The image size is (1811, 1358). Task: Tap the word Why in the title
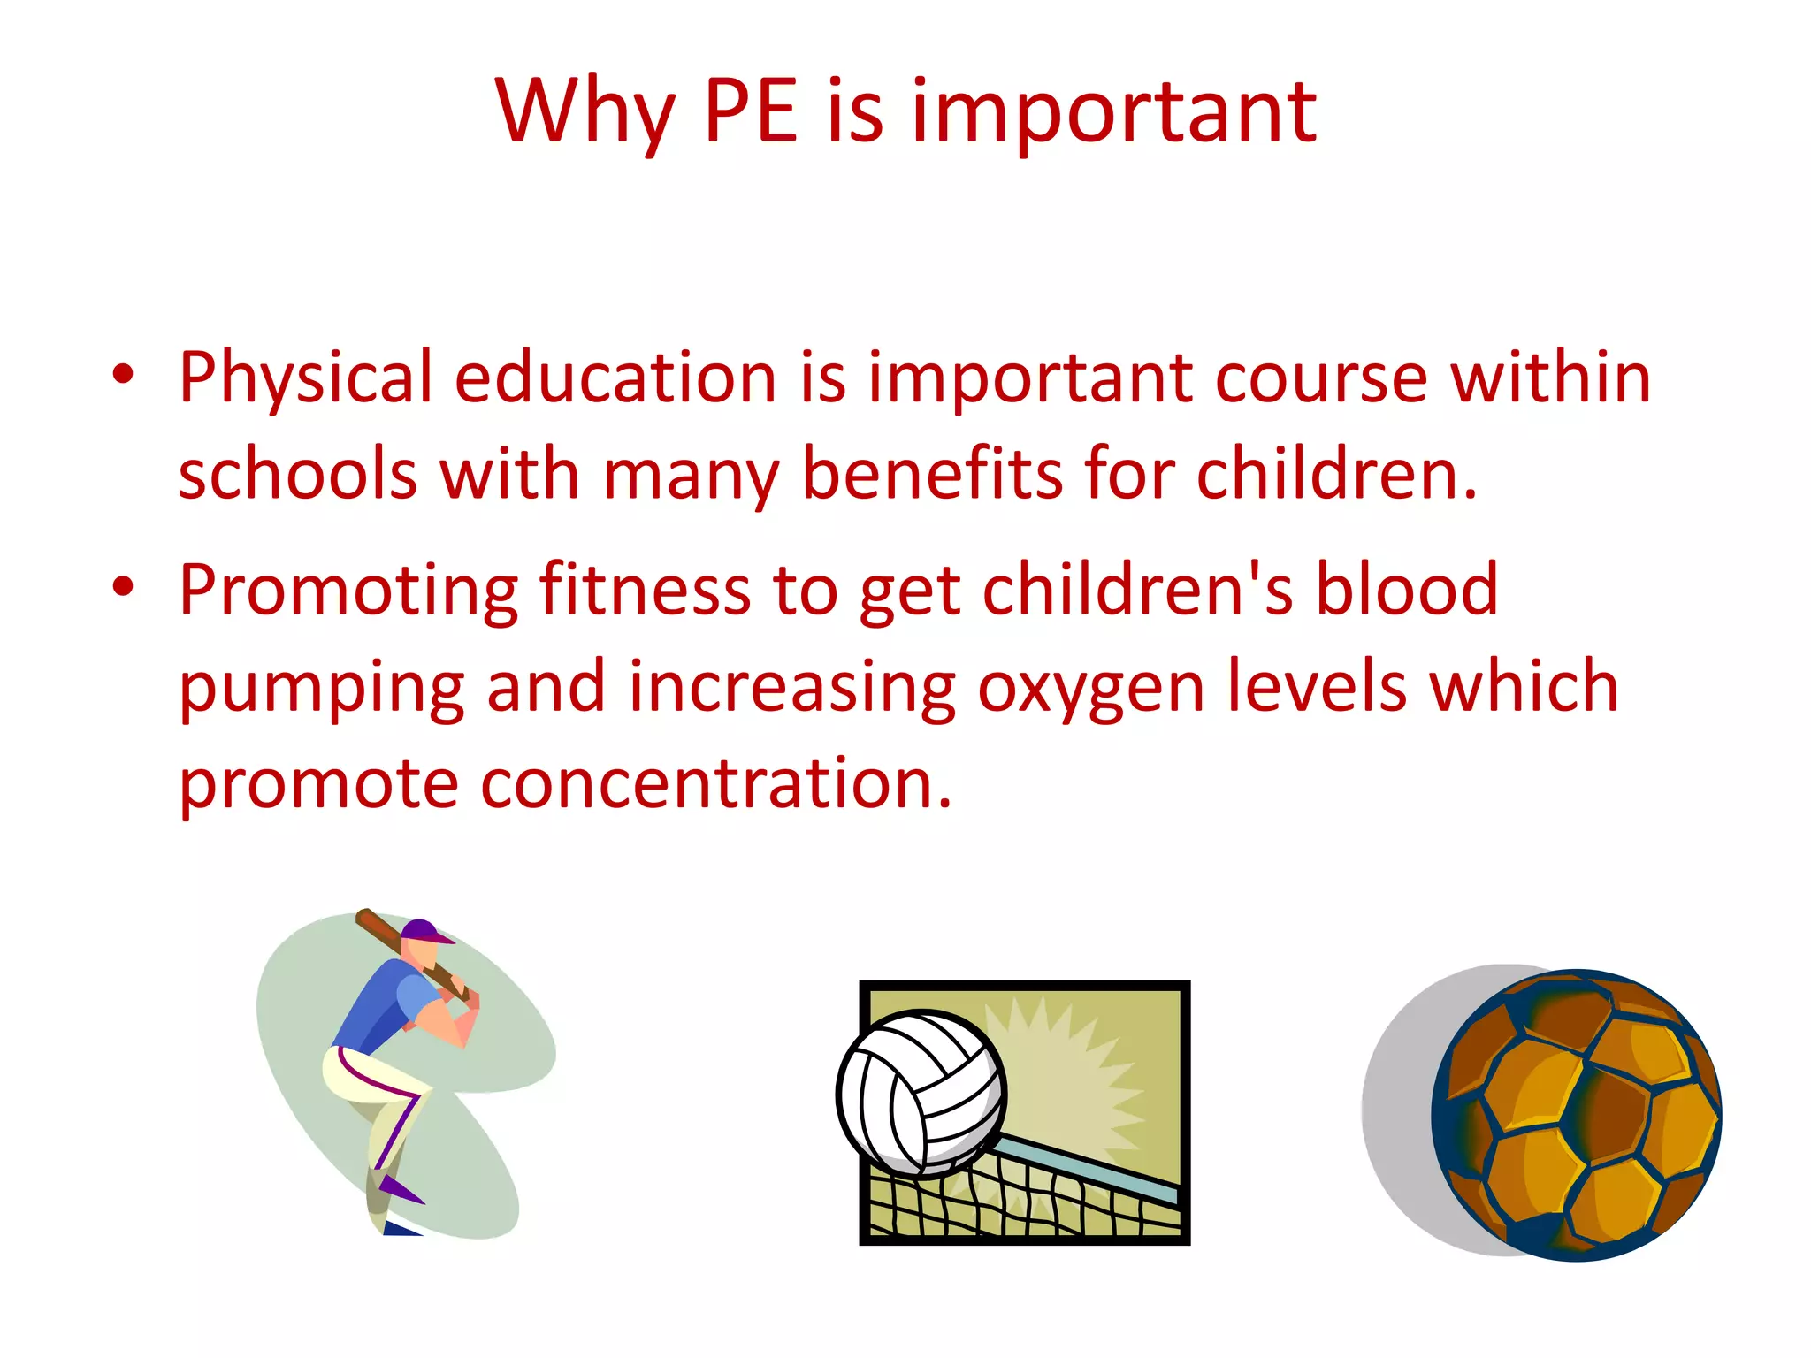point(585,113)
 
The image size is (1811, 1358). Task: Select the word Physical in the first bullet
point(305,378)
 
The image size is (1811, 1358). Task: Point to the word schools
point(297,474)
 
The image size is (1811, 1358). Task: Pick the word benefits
point(932,474)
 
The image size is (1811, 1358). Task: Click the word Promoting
point(348,591)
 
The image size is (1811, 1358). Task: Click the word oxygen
point(1090,688)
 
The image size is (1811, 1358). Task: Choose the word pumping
point(322,688)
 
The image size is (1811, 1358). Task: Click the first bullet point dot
point(123,375)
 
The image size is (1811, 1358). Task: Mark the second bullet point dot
point(123,587)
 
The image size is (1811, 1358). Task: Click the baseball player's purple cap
point(423,930)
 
